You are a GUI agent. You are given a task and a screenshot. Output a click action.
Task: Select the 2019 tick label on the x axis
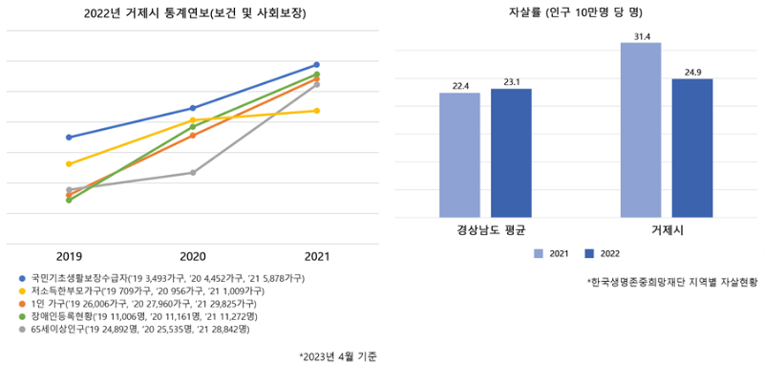pyautogui.click(x=69, y=256)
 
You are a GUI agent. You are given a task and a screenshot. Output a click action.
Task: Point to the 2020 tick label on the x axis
pyautogui.click(x=193, y=256)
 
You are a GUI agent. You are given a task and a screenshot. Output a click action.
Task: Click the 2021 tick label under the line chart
pyautogui.click(x=317, y=256)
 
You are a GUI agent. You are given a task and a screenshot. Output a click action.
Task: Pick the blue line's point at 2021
pyautogui.click(x=317, y=65)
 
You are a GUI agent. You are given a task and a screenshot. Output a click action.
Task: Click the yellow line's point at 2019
pyautogui.click(x=69, y=164)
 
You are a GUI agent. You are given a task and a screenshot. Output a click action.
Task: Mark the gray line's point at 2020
pyautogui.click(x=193, y=173)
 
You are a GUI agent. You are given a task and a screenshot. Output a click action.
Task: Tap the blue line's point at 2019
pyautogui.click(x=69, y=138)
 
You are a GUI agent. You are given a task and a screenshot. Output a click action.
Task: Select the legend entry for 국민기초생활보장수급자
pyautogui.click(x=162, y=277)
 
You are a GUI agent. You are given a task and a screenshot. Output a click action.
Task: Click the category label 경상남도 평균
pyautogui.click(x=484, y=231)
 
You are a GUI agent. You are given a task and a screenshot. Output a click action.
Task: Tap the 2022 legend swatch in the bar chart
pyautogui.click(x=590, y=253)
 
